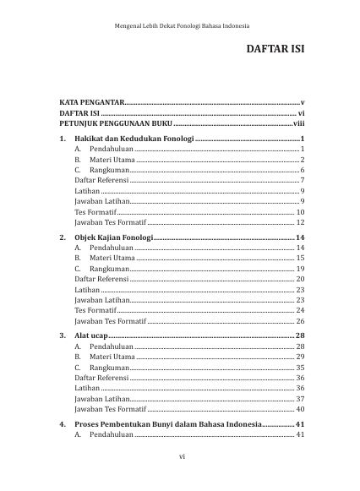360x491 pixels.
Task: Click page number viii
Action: (298, 123)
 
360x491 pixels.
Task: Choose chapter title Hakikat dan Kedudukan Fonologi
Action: (134, 138)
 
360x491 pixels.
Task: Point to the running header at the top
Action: (181, 26)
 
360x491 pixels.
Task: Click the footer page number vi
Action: (181, 457)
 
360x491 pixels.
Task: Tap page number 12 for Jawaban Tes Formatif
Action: (300, 222)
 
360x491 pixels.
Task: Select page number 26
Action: (300, 321)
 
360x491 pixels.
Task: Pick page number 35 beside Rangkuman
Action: (300, 368)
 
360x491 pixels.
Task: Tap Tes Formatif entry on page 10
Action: (95, 212)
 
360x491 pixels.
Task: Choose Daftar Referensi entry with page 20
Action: (101, 278)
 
